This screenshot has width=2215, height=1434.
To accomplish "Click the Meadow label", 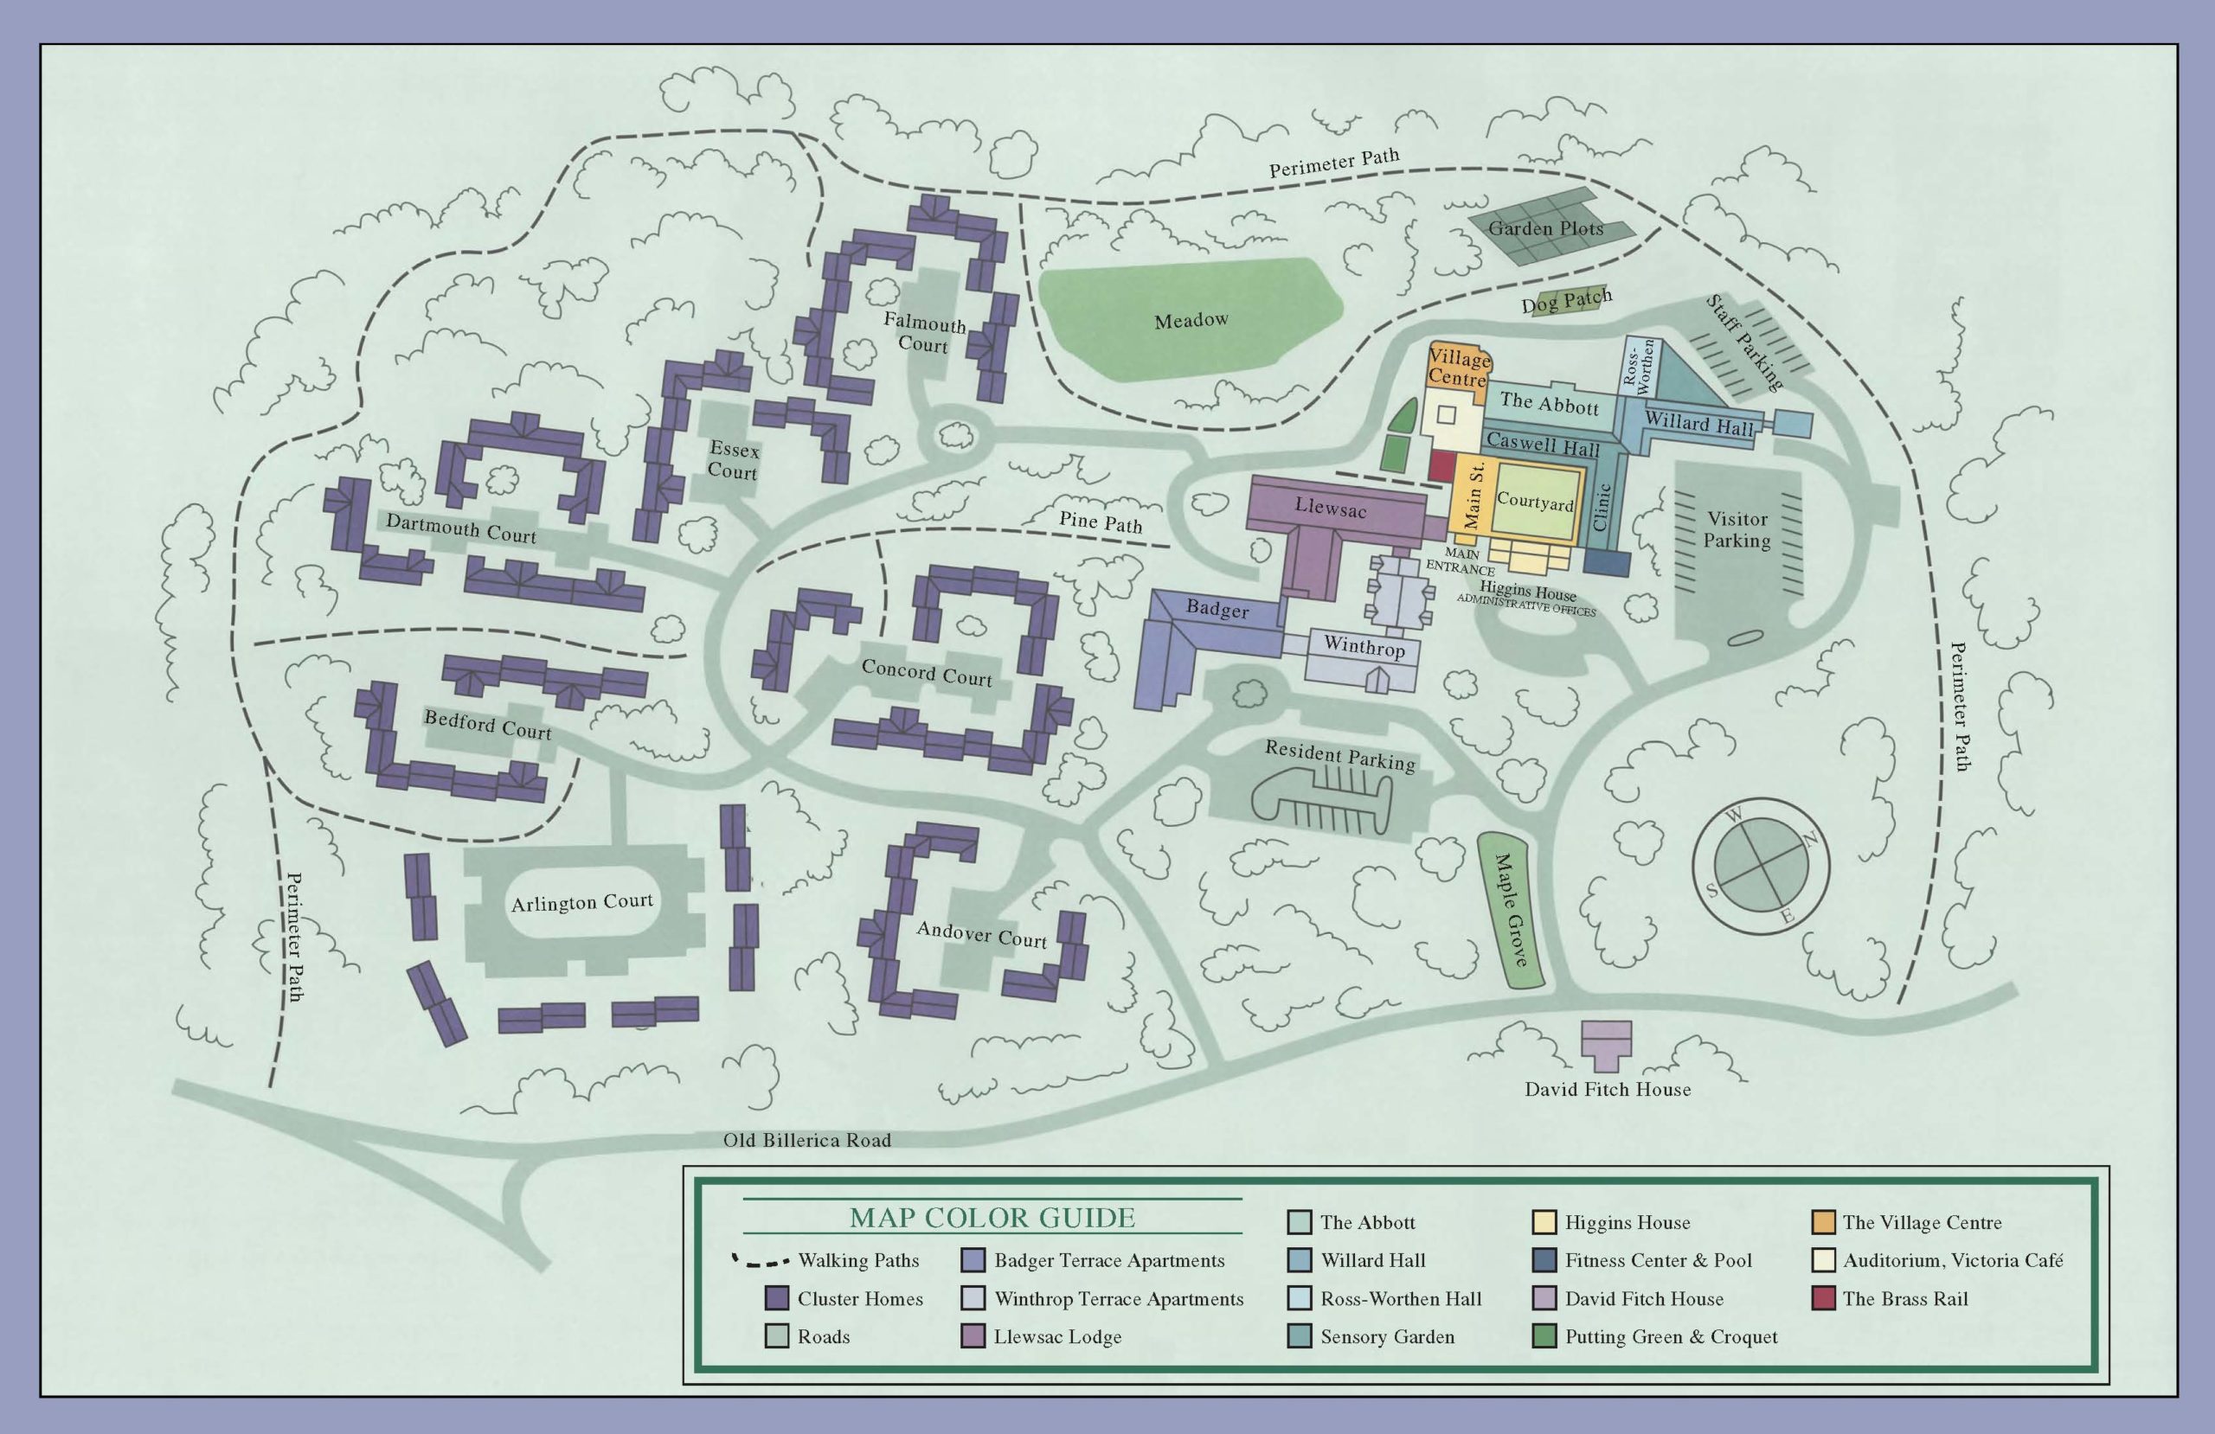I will pos(1191,320).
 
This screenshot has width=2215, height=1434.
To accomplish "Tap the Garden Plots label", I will pos(1545,228).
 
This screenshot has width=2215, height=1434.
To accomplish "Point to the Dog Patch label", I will pos(1566,301).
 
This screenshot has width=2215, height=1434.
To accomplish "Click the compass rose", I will pos(1760,867).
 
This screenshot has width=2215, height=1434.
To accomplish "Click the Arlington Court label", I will pos(581,902).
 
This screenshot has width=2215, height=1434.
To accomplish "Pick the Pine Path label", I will pos(1100,522).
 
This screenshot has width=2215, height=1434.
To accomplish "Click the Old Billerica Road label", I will pos(807,1140).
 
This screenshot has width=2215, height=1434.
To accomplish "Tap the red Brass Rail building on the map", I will pos(1441,464).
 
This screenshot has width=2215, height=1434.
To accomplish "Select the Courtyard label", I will pos(1535,502).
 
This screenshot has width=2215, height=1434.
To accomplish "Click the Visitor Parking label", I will pos(1737,529).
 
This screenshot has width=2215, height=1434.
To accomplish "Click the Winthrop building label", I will pos(1364,645).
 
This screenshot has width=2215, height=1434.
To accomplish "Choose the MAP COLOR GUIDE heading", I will pos(992,1217).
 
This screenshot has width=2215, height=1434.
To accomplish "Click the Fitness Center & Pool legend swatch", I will pos(1544,1260).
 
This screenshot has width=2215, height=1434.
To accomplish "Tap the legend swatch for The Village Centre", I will pos(1823,1222).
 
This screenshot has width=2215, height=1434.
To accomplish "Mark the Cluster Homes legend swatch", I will pos(776,1298).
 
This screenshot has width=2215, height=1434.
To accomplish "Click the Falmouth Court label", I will pos(923,333).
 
